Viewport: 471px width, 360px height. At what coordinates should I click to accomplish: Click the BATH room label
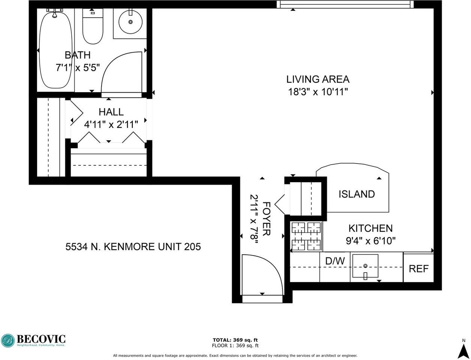pos(78,55)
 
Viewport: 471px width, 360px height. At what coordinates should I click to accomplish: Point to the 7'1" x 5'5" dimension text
pos(78,68)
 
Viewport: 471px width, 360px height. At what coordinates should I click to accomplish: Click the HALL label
pos(111,112)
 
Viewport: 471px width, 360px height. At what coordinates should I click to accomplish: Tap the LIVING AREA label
pos(318,79)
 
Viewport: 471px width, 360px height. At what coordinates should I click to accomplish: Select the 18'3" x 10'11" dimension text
pos(318,92)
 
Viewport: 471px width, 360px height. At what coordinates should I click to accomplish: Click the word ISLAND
pos(357,194)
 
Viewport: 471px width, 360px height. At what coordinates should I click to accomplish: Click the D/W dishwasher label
pos(334,261)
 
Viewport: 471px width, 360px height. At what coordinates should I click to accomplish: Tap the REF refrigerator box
pos(418,268)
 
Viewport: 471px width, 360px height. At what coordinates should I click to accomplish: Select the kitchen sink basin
pos(365,266)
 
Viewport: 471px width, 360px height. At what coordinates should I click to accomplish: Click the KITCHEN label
pos(370,228)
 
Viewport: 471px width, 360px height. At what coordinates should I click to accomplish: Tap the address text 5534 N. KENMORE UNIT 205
pos(133,247)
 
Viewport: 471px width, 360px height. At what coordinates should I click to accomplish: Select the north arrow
pos(463,350)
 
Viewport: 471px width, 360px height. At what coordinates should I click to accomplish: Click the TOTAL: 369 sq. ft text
pos(235,340)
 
